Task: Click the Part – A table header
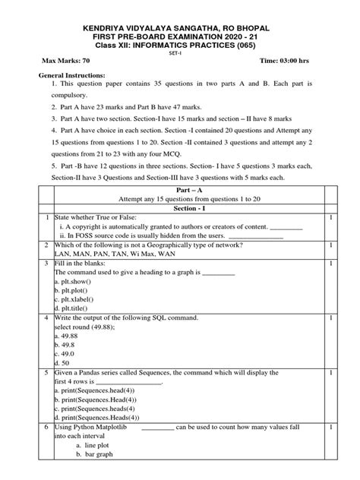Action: click(x=179, y=198)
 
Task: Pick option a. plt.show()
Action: click(x=77, y=280)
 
